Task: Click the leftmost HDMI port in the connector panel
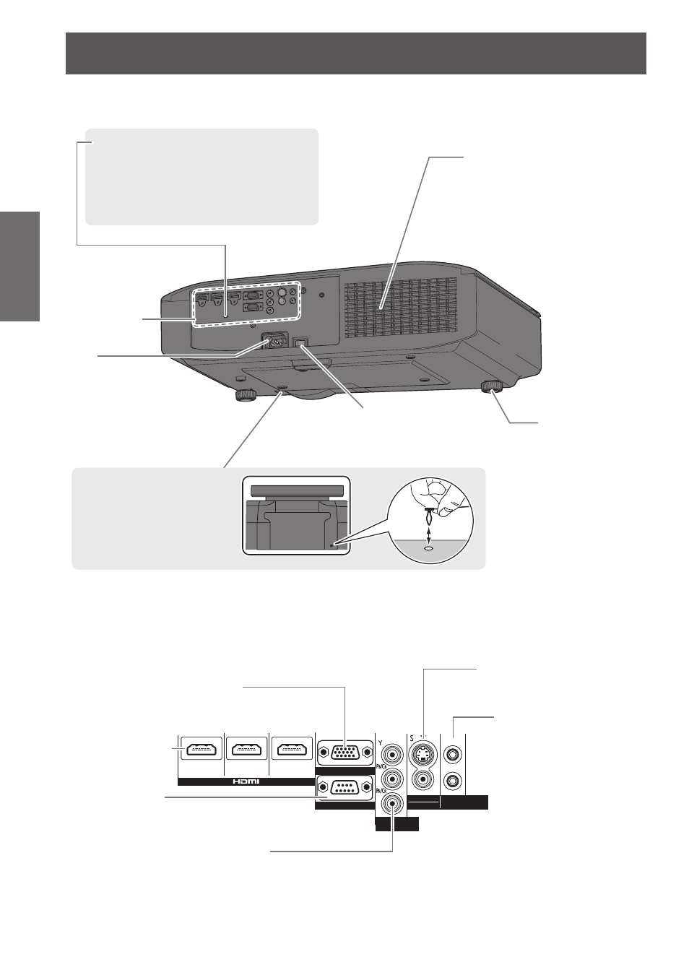(x=201, y=750)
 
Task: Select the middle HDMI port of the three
(x=247, y=750)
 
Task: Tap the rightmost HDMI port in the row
(x=292, y=750)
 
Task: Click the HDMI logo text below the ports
(x=246, y=781)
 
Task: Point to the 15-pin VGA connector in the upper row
(x=345, y=753)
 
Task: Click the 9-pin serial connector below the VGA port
(x=345, y=787)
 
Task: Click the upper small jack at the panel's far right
(x=453, y=754)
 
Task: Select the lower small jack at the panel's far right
(x=453, y=781)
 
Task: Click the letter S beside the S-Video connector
(x=412, y=738)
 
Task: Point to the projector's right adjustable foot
(x=492, y=386)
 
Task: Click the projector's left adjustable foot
(x=246, y=394)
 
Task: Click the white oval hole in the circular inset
(x=429, y=549)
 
